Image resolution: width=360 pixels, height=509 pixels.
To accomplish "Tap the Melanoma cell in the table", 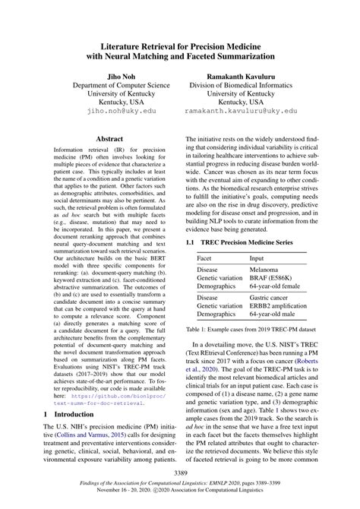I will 270,270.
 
